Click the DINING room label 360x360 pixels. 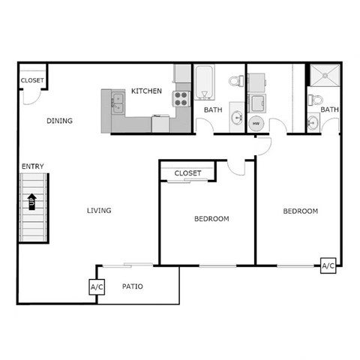59,121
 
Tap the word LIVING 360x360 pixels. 98,211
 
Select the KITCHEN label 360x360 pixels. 146,91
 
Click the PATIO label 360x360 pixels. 133,286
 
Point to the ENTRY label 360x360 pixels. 31,166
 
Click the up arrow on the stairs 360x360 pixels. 32,202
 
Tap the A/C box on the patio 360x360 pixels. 97,287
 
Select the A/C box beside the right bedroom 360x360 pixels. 328,265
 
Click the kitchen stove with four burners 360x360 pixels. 181,97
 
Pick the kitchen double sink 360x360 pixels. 118,100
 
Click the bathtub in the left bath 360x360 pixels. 205,82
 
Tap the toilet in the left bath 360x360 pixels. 235,81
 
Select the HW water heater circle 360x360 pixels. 255,123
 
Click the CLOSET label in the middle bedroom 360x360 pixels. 187,173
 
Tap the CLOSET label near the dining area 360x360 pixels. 32,80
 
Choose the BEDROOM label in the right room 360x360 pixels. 300,211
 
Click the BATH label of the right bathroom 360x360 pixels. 330,110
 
